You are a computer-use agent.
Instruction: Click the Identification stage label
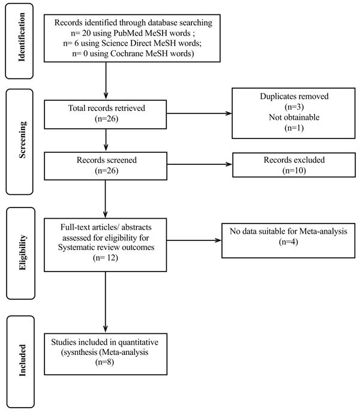point(22,37)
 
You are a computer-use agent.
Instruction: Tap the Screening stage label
point(22,140)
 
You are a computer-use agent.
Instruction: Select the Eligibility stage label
point(23,252)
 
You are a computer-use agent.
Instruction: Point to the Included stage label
point(22,360)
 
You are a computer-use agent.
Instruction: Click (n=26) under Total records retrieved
point(107,119)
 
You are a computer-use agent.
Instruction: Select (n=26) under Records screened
point(107,171)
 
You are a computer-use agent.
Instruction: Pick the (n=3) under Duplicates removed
point(294,107)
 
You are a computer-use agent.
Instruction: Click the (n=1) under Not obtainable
point(294,128)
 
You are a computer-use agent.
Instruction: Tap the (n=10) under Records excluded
point(294,170)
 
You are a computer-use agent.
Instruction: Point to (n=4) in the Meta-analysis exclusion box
point(288,242)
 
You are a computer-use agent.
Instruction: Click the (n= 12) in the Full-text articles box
point(106,258)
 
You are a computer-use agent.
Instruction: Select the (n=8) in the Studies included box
point(105,362)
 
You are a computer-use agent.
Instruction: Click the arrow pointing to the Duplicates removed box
point(199,113)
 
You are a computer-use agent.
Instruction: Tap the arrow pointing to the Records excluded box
point(200,164)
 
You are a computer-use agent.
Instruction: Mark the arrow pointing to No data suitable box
point(194,240)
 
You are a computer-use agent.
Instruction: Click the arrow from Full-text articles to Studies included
point(106,302)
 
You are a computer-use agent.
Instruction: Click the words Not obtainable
point(294,117)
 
